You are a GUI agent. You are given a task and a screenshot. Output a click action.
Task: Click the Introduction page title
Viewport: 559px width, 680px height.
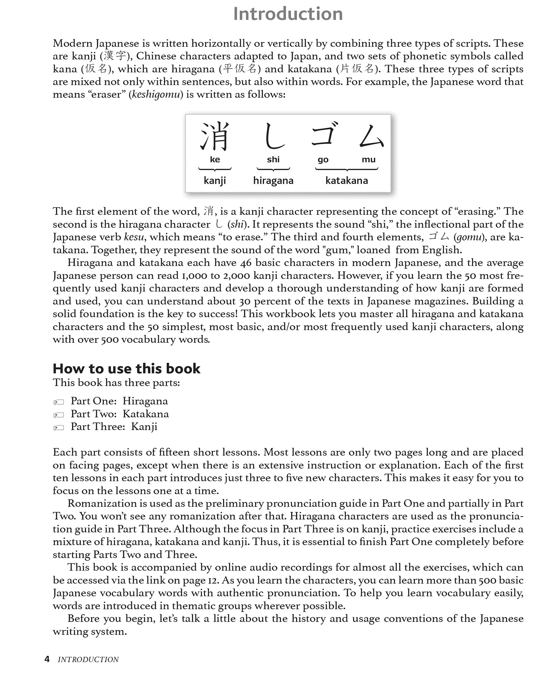click(x=288, y=14)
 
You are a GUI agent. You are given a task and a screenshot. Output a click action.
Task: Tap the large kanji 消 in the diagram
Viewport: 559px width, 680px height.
click(x=215, y=136)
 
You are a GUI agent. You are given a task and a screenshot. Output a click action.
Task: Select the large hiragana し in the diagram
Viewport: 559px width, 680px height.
click(x=274, y=136)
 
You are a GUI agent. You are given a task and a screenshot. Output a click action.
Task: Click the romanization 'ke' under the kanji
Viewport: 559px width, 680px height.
click(x=215, y=160)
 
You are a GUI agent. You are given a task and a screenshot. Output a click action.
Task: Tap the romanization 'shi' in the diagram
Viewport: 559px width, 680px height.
click(x=273, y=160)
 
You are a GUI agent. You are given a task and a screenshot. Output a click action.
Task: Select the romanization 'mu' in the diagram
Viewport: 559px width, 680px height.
click(x=368, y=160)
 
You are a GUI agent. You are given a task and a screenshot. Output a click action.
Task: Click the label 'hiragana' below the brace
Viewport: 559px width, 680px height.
click(x=273, y=181)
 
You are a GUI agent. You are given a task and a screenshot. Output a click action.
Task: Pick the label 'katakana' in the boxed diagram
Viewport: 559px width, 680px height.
click(x=347, y=181)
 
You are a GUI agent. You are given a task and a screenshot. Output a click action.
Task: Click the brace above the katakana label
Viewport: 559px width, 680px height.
click(x=347, y=169)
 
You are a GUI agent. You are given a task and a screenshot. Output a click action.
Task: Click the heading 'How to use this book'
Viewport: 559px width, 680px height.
click(x=126, y=369)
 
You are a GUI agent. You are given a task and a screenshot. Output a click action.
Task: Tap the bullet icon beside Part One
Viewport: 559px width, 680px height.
click(x=59, y=402)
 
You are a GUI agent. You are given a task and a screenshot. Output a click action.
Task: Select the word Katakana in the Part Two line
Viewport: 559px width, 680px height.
click(x=146, y=414)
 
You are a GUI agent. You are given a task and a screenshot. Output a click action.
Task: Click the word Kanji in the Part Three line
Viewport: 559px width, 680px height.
click(x=144, y=427)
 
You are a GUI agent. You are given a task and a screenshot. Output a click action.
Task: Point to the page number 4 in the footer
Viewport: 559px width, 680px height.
click(x=47, y=659)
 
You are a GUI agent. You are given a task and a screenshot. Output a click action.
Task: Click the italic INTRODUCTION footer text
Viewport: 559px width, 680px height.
click(x=88, y=660)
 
